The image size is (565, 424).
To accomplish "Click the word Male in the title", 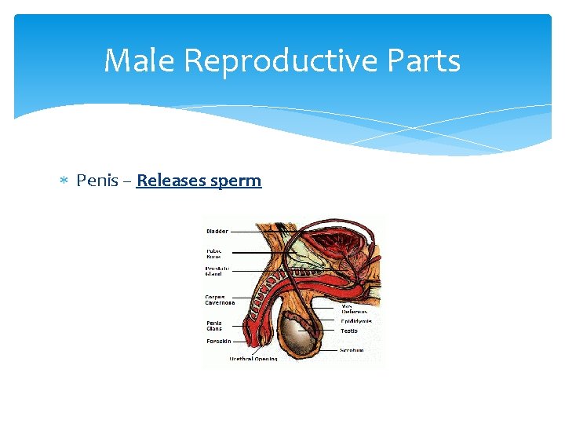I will point(134,60).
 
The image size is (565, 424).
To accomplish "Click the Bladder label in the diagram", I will point(217,231).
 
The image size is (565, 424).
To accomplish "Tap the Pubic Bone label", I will point(214,254).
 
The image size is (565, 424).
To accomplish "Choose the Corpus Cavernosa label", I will point(220,299).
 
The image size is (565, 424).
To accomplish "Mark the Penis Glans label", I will point(214,325).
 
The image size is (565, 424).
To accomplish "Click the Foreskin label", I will point(217,342).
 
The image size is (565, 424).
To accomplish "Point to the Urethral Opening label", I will point(253,359).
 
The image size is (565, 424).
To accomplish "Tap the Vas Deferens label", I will point(354,308).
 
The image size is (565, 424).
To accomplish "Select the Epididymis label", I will point(356,321).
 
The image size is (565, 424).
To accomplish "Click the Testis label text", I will point(349,331).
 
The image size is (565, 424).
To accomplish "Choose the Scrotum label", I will point(352,350).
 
